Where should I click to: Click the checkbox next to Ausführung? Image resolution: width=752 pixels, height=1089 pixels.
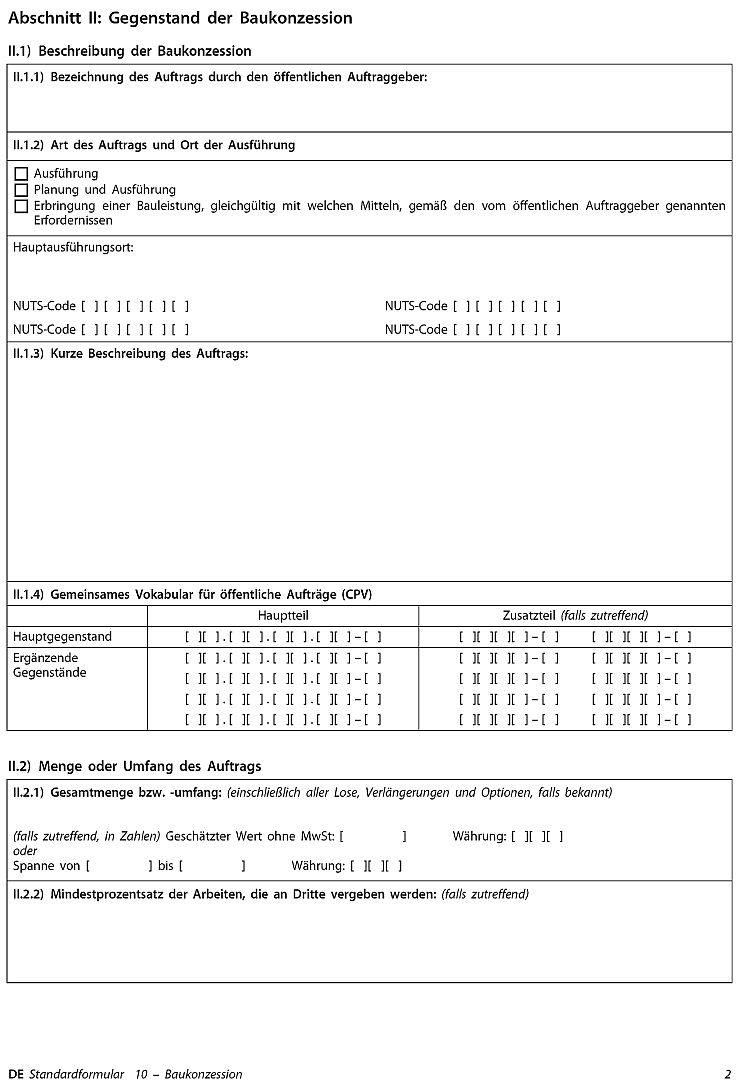[21, 174]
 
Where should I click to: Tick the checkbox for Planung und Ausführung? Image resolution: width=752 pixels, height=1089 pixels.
[21, 190]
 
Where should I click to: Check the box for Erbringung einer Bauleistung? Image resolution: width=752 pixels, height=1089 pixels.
[21, 206]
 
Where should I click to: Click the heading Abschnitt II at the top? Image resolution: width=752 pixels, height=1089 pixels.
[180, 18]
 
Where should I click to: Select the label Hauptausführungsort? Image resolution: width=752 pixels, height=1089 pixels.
[73, 247]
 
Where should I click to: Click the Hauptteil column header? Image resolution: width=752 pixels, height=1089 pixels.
[283, 615]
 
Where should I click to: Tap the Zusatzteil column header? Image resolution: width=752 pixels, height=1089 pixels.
[575, 615]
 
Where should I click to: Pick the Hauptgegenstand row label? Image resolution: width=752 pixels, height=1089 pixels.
[62, 637]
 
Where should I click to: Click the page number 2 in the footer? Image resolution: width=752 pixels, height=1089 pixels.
[728, 1074]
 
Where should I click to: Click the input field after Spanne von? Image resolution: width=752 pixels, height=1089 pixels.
[119, 865]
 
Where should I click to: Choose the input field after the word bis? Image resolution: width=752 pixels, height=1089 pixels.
[211, 865]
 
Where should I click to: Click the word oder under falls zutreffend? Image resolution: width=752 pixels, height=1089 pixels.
[25, 851]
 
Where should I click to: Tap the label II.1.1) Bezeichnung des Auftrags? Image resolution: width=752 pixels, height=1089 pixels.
[220, 77]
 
